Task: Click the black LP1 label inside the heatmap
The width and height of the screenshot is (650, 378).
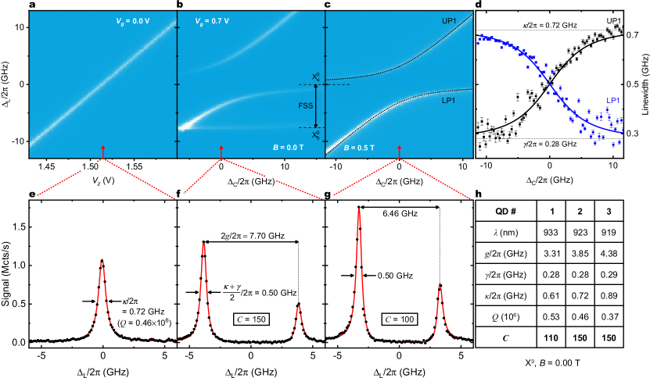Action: pyautogui.click(x=450, y=101)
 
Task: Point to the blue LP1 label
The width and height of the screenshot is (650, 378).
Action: pyautogui.click(x=614, y=101)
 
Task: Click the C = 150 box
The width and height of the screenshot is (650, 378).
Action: pyautogui.click(x=251, y=319)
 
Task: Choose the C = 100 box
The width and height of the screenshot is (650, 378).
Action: pyautogui.click(x=399, y=319)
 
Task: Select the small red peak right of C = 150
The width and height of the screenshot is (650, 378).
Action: pyautogui.click(x=298, y=307)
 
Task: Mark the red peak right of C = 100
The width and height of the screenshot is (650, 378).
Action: pyautogui.click(x=440, y=285)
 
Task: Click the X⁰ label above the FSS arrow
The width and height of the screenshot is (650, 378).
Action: pyautogui.click(x=316, y=77)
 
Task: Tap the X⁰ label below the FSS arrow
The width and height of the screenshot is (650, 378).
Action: pyautogui.click(x=316, y=135)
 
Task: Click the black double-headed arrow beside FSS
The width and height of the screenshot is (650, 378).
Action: pyautogui.click(x=317, y=105)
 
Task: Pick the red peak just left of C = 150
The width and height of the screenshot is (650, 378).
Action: pyautogui.click(x=203, y=244)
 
